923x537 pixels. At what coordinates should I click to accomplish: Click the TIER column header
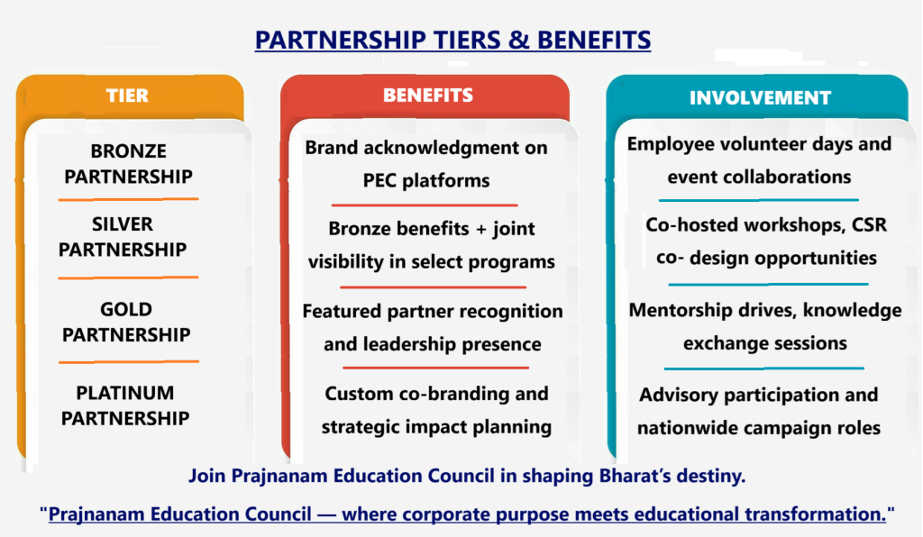coord(127,96)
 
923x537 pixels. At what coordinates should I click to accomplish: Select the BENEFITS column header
coord(428,96)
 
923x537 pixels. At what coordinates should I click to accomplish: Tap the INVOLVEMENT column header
coord(760,97)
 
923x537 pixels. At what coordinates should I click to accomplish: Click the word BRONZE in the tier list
coord(128,151)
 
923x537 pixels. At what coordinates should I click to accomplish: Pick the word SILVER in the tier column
coord(123,224)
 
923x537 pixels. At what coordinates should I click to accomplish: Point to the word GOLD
coord(126,309)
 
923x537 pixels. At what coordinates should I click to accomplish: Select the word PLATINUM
coord(124,393)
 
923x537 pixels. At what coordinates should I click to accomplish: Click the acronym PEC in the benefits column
coord(379,180)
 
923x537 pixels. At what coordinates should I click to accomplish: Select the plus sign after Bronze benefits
coord(481,229)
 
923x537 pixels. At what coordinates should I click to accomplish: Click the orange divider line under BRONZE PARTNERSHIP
coord(128,199)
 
